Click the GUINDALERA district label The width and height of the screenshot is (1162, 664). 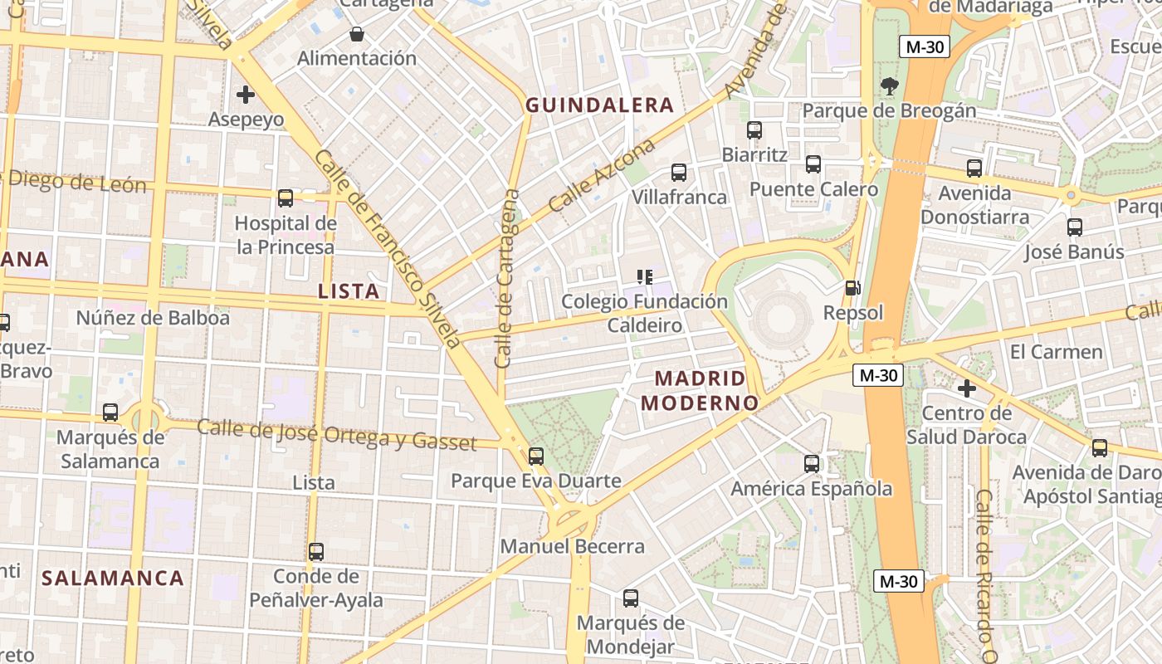click(x=599, y=105)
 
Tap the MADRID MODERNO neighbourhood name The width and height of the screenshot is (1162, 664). click(x=701, y=391)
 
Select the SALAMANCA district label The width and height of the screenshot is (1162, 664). click(x=113, y=579)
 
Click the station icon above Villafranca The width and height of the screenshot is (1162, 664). click(x=679, y=173)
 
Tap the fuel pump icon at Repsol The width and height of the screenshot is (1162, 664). click(x=852, y=288)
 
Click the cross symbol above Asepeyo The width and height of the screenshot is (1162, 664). click(x=246, y=95)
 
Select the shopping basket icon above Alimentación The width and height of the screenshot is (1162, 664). click(x=357, y=34)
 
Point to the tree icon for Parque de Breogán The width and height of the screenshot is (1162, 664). click(x=889, y=85)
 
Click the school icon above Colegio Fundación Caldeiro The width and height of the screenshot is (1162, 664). click(x=644, y=276)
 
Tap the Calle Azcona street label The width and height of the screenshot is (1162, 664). click(x=602, y=175)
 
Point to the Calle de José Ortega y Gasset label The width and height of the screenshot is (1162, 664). click(x=337, y=435)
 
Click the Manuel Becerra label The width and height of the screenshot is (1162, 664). click(x=572, y=546)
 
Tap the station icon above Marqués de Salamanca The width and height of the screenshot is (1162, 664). click(x=110, y=413)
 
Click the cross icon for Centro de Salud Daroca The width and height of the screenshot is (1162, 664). click(x=966, y=388)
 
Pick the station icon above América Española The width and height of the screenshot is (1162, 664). click(x=812, y=464)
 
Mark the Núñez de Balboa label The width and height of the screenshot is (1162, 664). click(x=153, y=318)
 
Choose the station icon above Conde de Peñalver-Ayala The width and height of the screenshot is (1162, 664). click(x=316, y=552)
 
